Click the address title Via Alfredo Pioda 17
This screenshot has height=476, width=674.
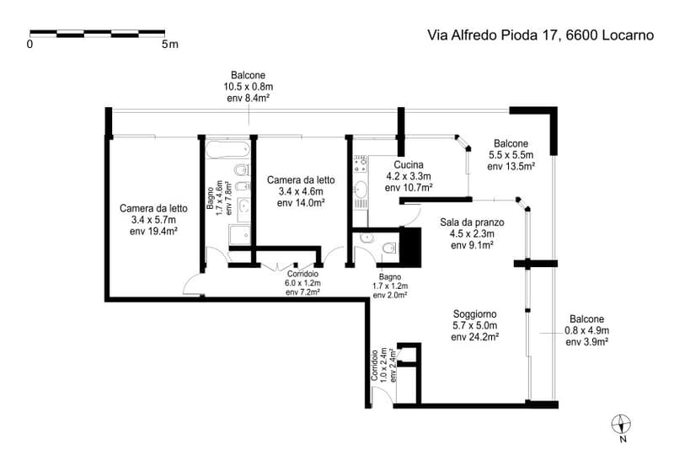pyautogui.click(x=494, y=35)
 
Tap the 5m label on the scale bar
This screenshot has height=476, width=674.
pyautogui.click(x=170, y=44)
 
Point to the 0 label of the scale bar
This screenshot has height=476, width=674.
pyautogui.click(x=29, y=44)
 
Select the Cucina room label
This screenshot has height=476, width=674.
pyautogui.click(x=409, y=164)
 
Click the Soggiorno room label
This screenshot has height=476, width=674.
pyautogui.click(x=474, y=314)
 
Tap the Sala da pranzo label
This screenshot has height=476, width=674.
pyautogui.click(x=472, y=222)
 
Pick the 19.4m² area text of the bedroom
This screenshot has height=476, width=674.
pyautogui.click(x=161, y=232)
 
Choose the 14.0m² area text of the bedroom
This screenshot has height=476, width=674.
pyautogui.click(x=308, y=203)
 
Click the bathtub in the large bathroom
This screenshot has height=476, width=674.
pyautogui.click(x=227, y=149)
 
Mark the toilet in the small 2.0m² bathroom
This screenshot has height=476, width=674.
pyautogui.click(x=389, y=248)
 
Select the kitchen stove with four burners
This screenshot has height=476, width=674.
pyautogui.click(x=361, y=165)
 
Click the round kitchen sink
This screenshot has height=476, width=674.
pyautogui.click(x=361, y=189)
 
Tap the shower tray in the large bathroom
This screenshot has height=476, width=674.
pyautogui.click(x=240, y=235)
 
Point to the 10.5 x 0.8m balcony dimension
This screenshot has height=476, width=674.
pyautogui.click(x=248, y=87)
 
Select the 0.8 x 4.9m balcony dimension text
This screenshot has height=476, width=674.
pyautogui.click(x=586, y=330)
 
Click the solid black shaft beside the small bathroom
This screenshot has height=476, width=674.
pyautogui.click(x=410, y=247)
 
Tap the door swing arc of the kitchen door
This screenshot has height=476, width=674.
pyautogui.click(x=416, y=217)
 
